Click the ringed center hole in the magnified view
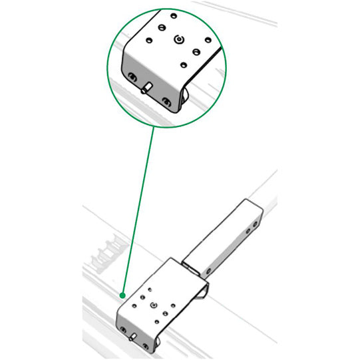[178, 41]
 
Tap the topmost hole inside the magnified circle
[173, 15]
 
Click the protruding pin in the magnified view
[147, 88]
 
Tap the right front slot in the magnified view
[166, 101]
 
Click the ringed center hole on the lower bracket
[154, 304]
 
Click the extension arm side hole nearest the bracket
[208, 271]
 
